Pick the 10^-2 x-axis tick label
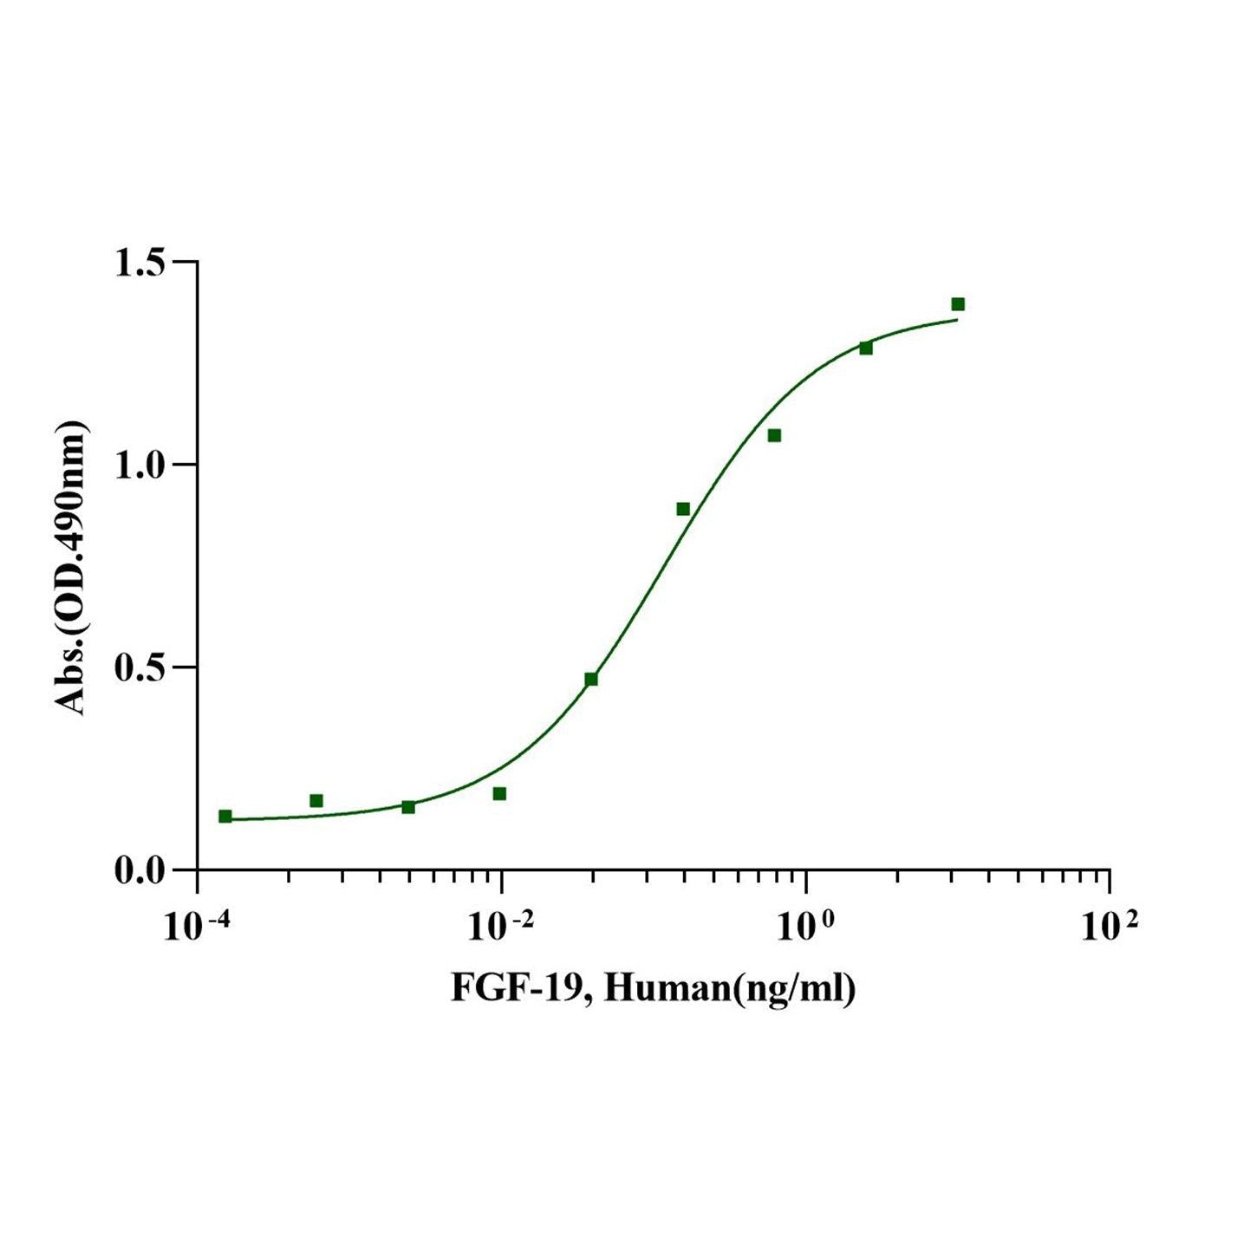click(500, 928)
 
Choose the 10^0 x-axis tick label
click(806, 928)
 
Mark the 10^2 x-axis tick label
click(1110, 928)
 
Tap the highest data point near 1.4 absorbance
click(958, 304)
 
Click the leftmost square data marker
click(225, 816)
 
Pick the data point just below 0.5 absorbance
click(591, 679)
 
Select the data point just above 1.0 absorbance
click(774, 435)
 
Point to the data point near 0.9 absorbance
click(683, 509)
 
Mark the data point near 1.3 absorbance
click(866, 348)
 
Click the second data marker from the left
click(316, 800)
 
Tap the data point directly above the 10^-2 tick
click(499, 793)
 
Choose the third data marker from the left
click(408, 807)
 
